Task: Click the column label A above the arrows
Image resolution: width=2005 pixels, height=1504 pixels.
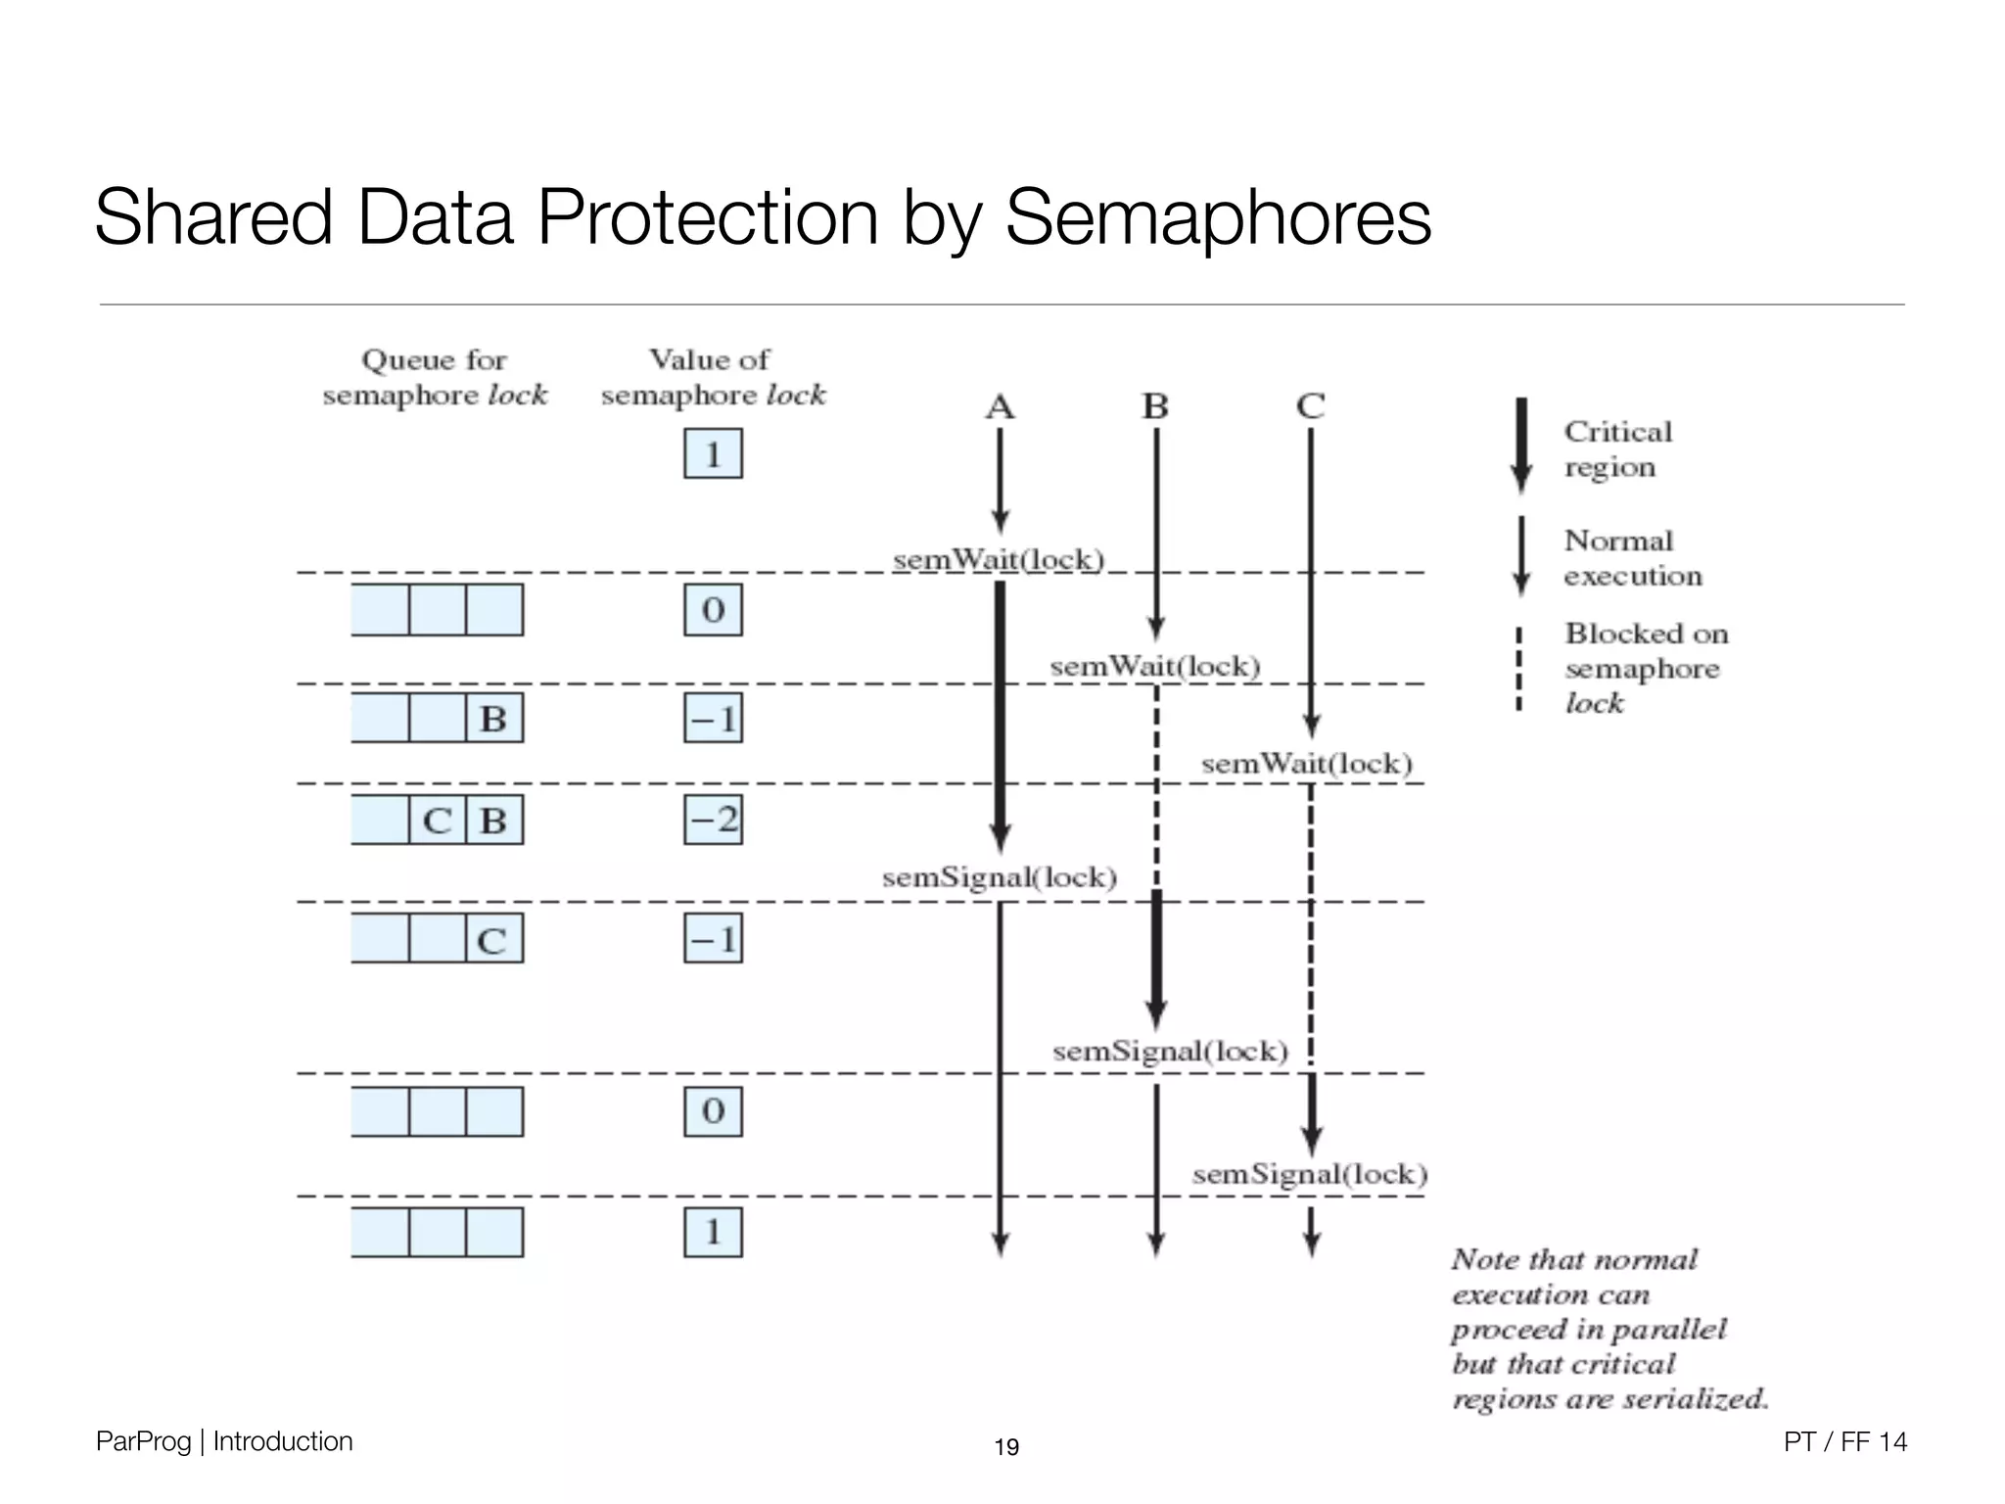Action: coord(1000,406)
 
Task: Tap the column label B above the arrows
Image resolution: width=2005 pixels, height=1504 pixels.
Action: coord(1155,406)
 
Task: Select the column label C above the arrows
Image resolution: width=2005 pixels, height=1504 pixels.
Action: coord(1310,406)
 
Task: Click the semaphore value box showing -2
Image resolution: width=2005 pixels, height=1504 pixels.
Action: coord(713,820)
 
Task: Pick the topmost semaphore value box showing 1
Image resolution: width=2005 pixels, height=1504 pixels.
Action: coord(713,454)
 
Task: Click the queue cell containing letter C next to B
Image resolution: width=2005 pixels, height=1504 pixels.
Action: coord(437,821)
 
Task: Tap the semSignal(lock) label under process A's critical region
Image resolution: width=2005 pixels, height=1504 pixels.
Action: coord(1000,877)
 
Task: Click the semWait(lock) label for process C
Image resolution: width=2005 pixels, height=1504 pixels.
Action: coord(1307,764)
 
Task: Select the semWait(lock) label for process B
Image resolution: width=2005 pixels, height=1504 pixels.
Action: coord(1155,667)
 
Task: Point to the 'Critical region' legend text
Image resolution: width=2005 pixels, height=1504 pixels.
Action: coord(1617,449)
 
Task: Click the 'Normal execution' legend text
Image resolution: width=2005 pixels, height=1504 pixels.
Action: coord(1632,558)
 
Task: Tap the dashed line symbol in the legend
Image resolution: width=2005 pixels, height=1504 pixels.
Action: coord(1518,669)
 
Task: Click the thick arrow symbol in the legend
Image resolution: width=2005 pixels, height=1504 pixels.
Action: coord(1520,446)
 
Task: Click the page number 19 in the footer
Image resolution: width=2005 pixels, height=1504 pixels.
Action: coord(1006,1447)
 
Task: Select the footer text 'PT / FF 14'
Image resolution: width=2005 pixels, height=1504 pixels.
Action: coord(1844,1441)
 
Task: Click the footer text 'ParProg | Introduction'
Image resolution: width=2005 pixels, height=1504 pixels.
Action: coord(224,1441)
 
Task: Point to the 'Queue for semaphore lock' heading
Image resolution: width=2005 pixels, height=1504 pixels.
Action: coord(435,378)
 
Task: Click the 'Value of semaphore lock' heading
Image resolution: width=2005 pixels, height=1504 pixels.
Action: coord(713,378)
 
